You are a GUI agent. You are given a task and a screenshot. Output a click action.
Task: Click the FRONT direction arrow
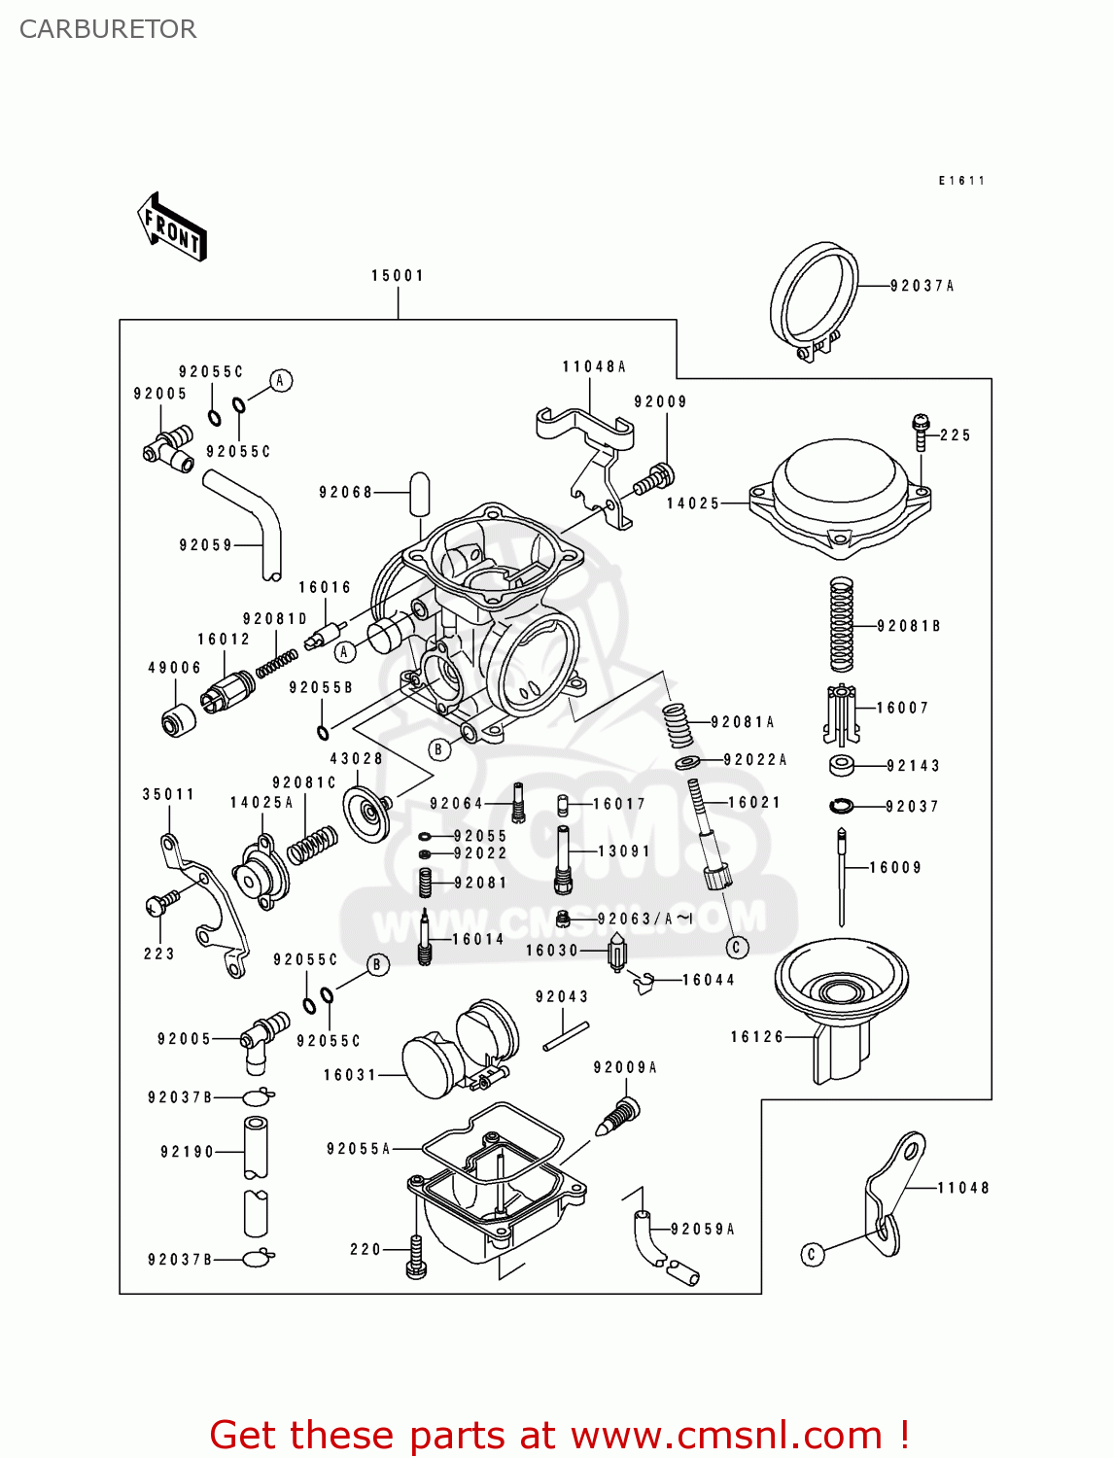point(173,227)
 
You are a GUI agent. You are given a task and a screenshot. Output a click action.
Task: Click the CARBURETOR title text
point(108,29)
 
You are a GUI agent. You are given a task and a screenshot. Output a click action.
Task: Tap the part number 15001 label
point(398,276)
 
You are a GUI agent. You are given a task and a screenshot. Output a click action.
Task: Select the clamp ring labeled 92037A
point(815,297)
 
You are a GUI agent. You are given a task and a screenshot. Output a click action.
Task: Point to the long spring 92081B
point(842,625)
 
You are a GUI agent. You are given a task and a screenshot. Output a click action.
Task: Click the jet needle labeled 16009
point(842,875)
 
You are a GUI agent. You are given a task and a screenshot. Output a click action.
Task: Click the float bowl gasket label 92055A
point(358,1149)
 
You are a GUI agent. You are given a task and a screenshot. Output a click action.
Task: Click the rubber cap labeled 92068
point(419,494)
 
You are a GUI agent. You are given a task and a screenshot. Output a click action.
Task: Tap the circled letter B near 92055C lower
point(378,964)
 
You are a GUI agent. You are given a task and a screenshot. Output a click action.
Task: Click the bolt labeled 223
point(160,903)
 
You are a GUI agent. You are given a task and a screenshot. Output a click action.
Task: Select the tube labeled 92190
point(255,1148)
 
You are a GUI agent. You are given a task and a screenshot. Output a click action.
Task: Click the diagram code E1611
point(961,181)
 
